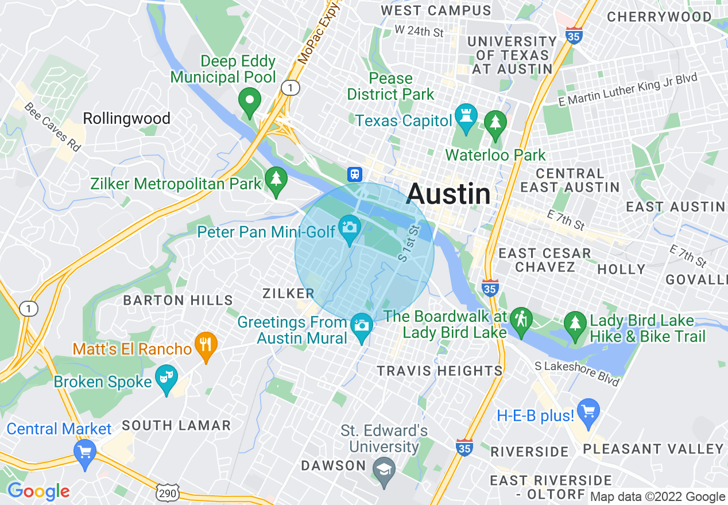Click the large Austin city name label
click(x=448, y=194)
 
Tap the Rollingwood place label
click(x=126, y=119)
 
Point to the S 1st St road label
click(x=410, y=243)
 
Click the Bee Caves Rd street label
click(x=52, y=127)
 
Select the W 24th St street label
click(x=419, y=31)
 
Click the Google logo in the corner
click(x=38, y=491)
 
